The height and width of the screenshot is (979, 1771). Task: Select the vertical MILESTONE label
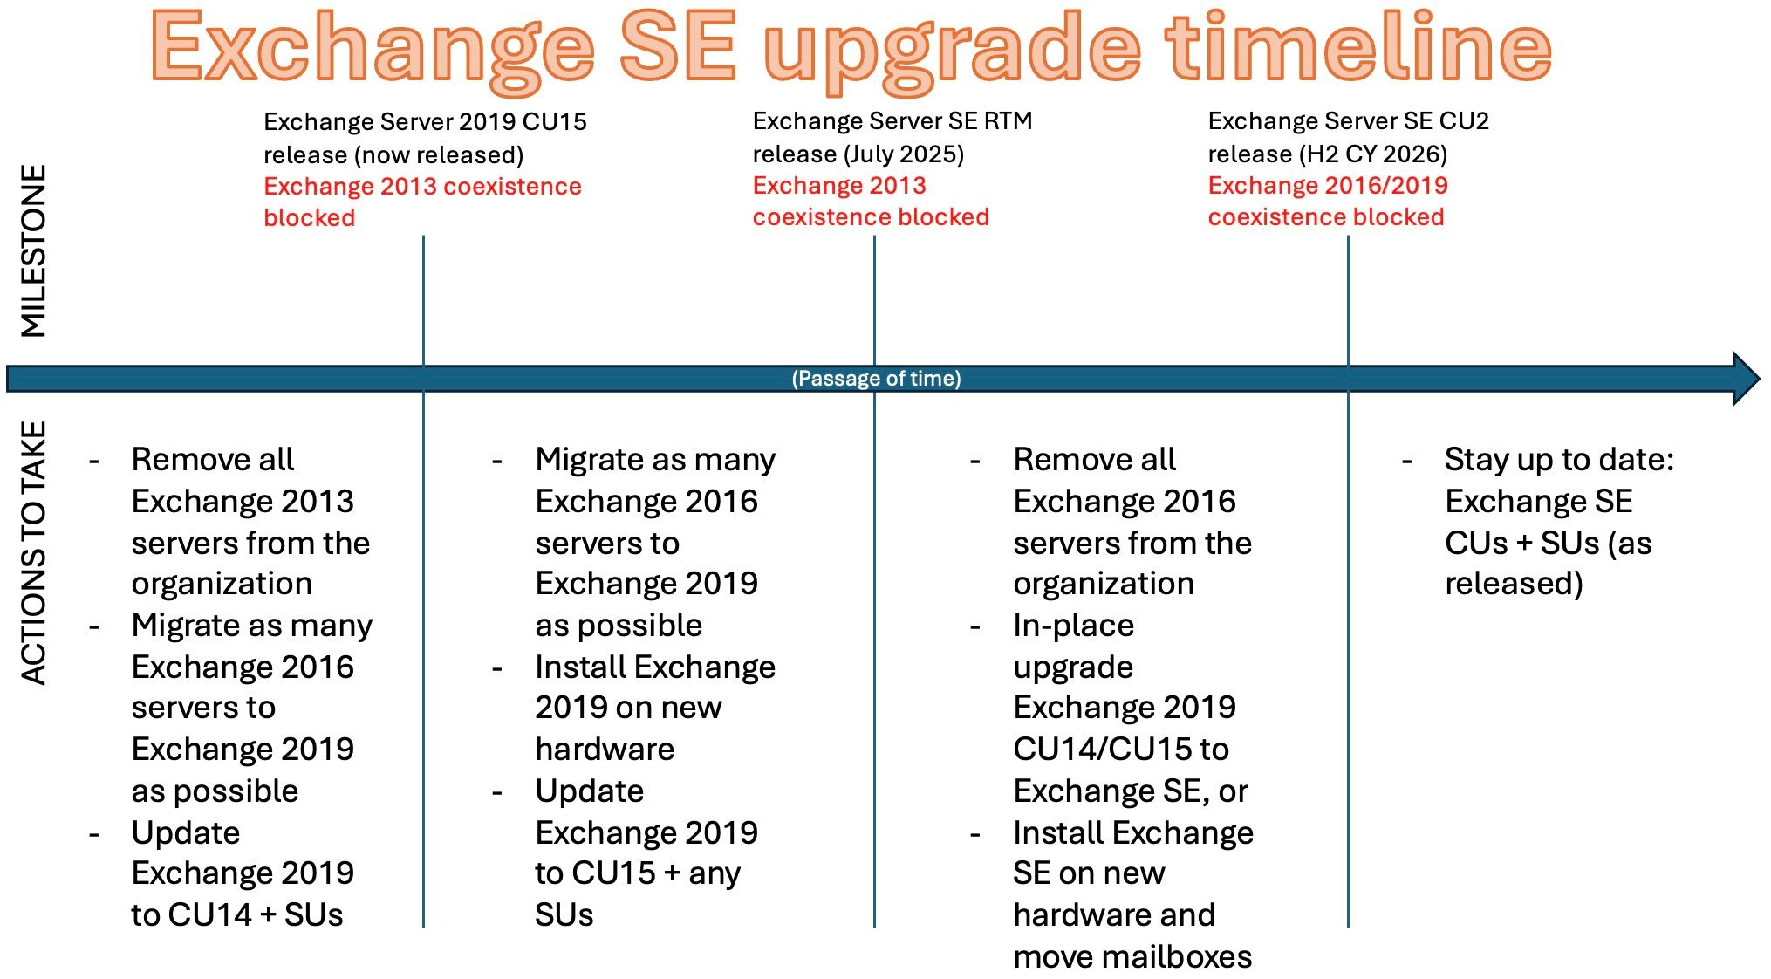coord(34,250)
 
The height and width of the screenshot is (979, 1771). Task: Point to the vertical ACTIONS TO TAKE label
coord(34,553)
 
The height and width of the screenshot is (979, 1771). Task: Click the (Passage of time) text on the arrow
coord(876,379)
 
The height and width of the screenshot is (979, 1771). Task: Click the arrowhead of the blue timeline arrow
coord(1745,379)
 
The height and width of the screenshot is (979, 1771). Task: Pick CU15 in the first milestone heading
coord(555,121)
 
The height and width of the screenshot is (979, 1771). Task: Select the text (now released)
coord(439,154)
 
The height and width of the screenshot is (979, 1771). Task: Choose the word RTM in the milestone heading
coord(1008,120)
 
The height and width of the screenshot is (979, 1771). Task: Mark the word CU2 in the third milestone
coord(1464,120)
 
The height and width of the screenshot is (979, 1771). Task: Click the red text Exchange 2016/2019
coord(1327,185)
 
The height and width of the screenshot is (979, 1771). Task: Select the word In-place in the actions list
coord(1073,625)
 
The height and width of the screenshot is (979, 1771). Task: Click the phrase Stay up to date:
coord(1559,459)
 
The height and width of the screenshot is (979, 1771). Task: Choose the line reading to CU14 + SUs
coord(236,914)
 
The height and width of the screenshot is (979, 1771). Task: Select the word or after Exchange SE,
coord(1233,791)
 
